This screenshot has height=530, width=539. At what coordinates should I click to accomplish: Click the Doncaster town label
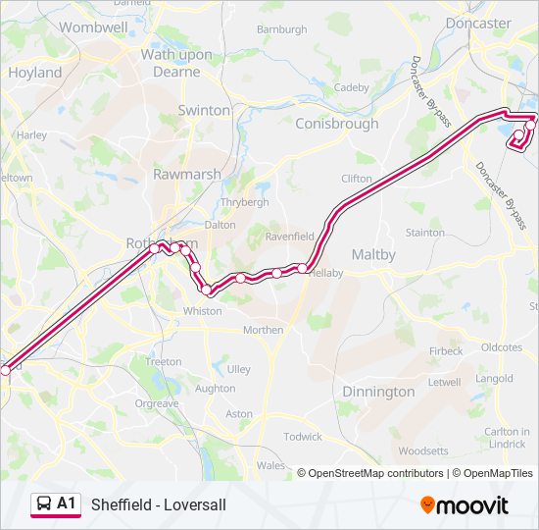pyautogui.click(x=478, y=23)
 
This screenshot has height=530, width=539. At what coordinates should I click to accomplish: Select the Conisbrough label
pyautogui.click(x=336, y=125)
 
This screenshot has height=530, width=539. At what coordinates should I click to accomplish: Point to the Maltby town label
pyautogui.click(x=372, y=255)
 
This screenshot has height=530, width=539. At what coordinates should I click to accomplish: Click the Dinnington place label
pyautogui.click(x=378, y=392)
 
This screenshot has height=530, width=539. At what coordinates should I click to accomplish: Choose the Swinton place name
pyautogui.click(x=204, y=111)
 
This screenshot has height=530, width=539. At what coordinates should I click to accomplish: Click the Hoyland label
pyautogui.click(x=34, y=73)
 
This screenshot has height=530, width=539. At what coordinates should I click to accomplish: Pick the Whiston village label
pyautogui.click(x=203, y=311)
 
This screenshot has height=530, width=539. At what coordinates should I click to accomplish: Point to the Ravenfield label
pyautogui.click(x=289, y=237)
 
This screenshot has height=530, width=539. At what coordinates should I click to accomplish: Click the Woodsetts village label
pyautogui.click(x=424, y=451)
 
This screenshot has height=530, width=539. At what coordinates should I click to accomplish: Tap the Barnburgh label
pyautogui.click(x=281, y=29)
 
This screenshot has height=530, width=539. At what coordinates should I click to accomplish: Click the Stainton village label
pyautogui.click(x=424, y=233)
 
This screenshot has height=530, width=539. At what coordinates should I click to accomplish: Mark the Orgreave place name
pyautogui.click(x=157, y=403)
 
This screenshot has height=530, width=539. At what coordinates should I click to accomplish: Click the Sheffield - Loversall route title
pyautogui.click(x=158, y=505)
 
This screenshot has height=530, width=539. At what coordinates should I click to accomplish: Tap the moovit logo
pyautogui.click(x=465, y=505)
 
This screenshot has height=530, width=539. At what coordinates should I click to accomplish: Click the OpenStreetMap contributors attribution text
pyautogui.click(x=375, y=473)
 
